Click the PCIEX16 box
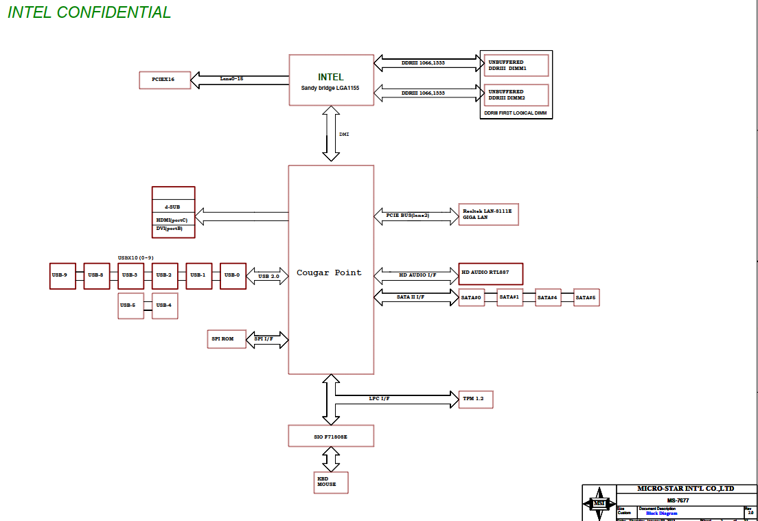point(164,80)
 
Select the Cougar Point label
point(329,273)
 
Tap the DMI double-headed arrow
point(332,134)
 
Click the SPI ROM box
point(227,339)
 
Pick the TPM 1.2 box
point(475,399)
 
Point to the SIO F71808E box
point(331,436)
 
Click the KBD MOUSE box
point(331,482)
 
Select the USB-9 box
point(62,275)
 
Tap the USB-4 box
point(165,305)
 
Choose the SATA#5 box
point(586,298)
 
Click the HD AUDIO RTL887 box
point(490,274)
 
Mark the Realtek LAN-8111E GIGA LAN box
point(488,215)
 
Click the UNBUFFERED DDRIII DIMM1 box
point(516,66)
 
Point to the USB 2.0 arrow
point(267,277)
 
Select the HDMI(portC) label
point(172,220)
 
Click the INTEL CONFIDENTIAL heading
point(89,12)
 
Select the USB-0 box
point(233,275)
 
